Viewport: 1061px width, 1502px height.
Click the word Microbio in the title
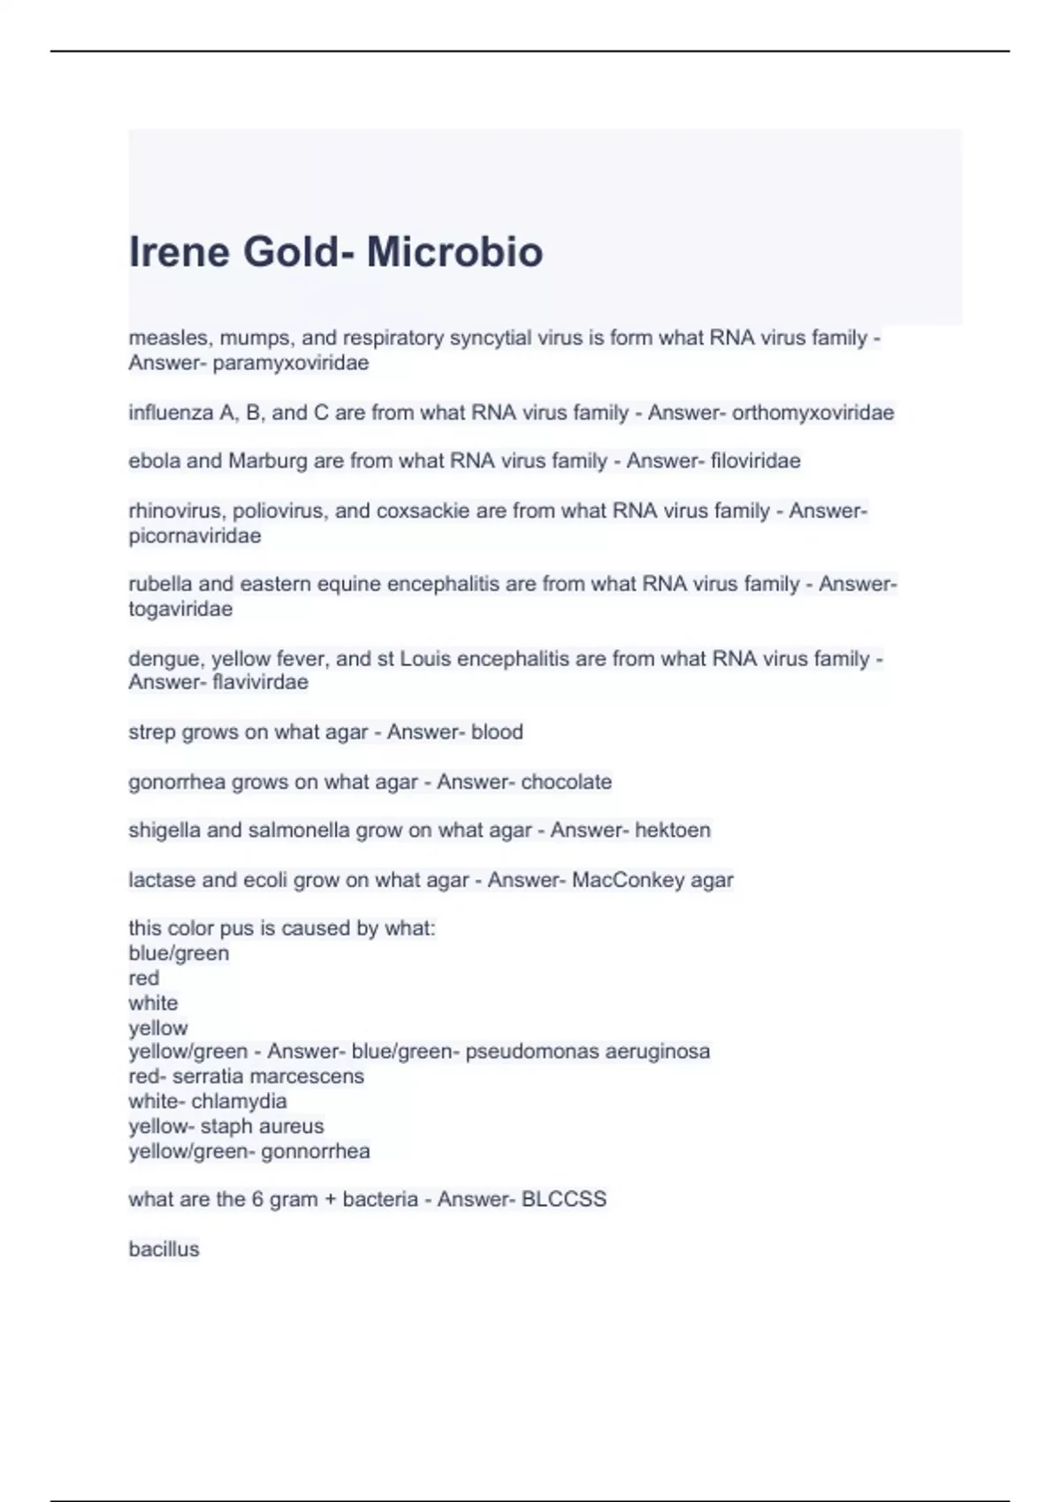pyautogui.click(x=454, y=252)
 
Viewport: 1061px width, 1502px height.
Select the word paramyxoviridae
pyautogui.click(x=291, y=363)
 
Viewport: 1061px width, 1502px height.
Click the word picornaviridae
pyautogui.click(x=195, y=536)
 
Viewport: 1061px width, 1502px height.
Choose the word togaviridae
pyautogui.click(x=180, y=609)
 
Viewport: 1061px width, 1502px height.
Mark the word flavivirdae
pyautogui.click(x=261, y=682)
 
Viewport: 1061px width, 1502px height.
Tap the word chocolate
pyautogui.click(x=566, y=782)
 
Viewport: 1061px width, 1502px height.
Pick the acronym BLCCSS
pyautogui.click(x=564, y=1199)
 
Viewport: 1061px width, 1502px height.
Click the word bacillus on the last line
pyautogui.click(x=164, y=1249)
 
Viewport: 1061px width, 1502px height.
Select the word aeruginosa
pyautogui.click(x=657, y=1051)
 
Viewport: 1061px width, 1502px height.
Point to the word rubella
pyautogui.click(x=160, y=584)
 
